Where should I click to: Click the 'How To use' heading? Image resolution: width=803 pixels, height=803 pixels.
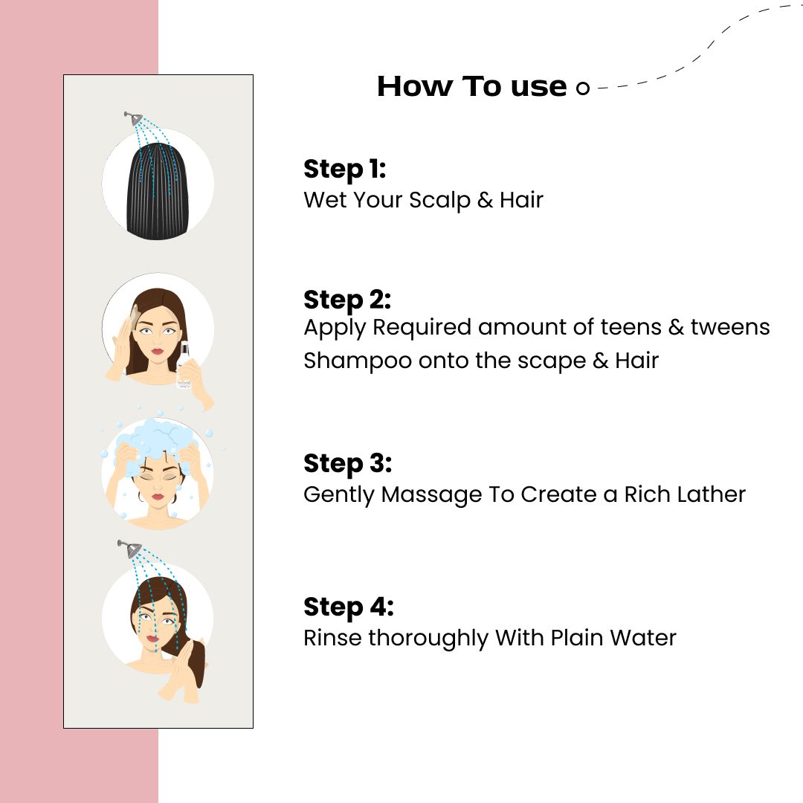[x=471, y=86]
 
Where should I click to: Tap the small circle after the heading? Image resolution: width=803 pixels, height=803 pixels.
[x=583, y=88]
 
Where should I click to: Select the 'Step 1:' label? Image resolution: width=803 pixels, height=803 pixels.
[x=345, y=169]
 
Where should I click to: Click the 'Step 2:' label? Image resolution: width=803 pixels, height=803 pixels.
[x=347, y=300]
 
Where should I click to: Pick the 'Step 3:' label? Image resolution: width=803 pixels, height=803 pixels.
[x=348, y=463]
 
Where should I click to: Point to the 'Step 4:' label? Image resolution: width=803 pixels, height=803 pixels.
[x=349, y=607]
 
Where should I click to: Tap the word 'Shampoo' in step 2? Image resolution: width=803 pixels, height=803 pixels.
[x=358, y=361]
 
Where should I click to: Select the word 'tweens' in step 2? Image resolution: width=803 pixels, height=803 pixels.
[x=730, y=327]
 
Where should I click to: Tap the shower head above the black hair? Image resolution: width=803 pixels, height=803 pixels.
[x=134, y=118]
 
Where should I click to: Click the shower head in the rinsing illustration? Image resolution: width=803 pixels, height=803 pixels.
[x=130, y=549]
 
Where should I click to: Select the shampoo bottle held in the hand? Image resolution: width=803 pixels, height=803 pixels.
[x=184, y=364]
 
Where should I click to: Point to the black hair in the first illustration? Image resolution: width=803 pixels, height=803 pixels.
[x=158, y=191]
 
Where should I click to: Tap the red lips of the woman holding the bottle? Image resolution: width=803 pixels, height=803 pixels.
[x=157, y=351]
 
